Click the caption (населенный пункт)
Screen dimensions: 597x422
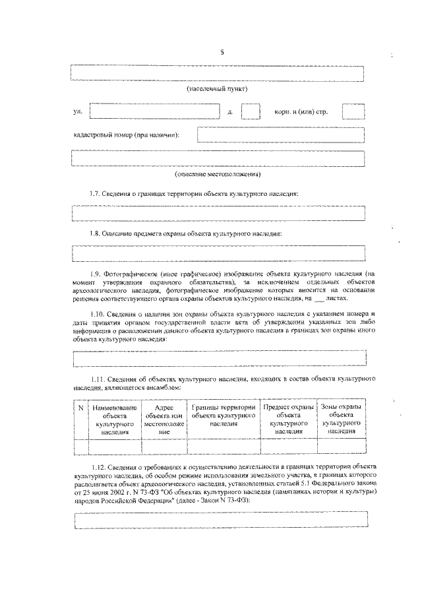217,88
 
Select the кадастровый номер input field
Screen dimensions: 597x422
280,135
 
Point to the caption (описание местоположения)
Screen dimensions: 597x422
217,175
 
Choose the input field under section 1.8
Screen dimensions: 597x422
218,253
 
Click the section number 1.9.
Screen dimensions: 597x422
98,272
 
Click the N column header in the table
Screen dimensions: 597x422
80,408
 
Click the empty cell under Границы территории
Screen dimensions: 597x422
224,447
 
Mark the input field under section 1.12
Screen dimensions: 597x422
218,520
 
